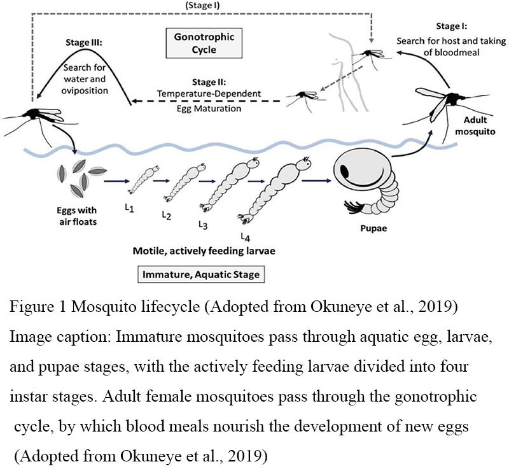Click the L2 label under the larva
point(167,215)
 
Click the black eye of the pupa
point(344,171)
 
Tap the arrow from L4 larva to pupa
point(316,180)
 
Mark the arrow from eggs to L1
point(116,180)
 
